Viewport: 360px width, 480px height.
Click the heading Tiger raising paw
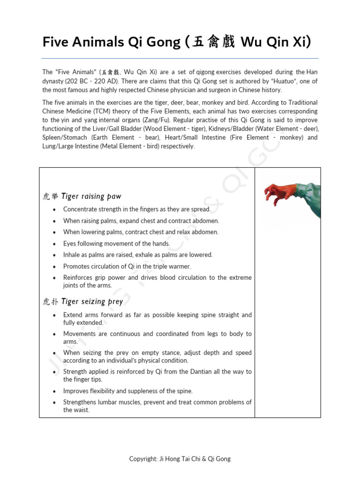(x=91, y=196)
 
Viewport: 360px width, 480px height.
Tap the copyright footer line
(x=180, y=459)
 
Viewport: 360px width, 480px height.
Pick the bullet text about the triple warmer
(x=127, y=266)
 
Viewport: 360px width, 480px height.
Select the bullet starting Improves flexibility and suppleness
(x=128, y=391)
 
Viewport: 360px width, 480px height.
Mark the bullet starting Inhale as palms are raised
(x=138, y=255)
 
